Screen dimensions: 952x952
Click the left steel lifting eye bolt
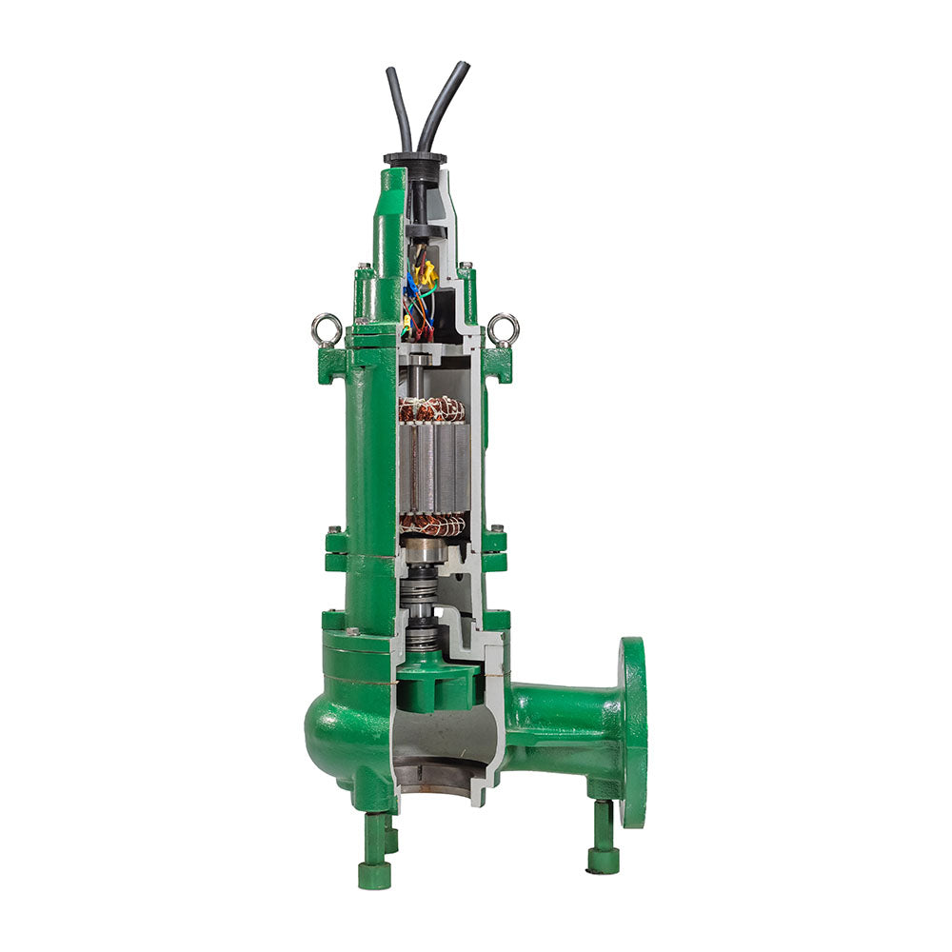coord(327,329)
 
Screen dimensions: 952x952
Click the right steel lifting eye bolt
coord(504,329)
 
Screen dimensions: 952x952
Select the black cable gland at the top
coord(415,159)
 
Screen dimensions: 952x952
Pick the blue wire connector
coord(411,285)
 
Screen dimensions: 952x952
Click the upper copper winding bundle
coord(431,409)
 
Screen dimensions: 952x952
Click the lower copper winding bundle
coord(432,525)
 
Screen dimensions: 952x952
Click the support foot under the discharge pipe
coord(602,838)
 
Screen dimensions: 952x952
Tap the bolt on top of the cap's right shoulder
coord(465,267)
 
